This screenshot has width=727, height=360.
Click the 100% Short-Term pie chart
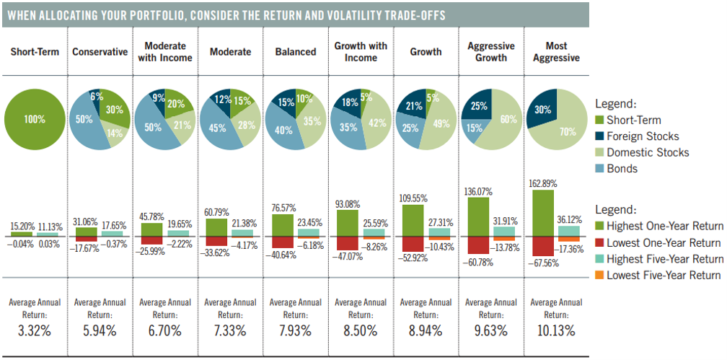(33, 118)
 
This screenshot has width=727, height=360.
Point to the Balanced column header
(296, 52)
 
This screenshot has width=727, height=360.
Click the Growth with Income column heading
(361, 52)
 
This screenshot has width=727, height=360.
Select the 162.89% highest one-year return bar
(543, 214)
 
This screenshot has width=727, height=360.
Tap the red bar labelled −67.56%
(543, 247)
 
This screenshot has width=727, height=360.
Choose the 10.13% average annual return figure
(557, 331)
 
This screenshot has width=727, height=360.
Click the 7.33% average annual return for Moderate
(230, 331)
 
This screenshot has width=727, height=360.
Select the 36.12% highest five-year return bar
(569, 231)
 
